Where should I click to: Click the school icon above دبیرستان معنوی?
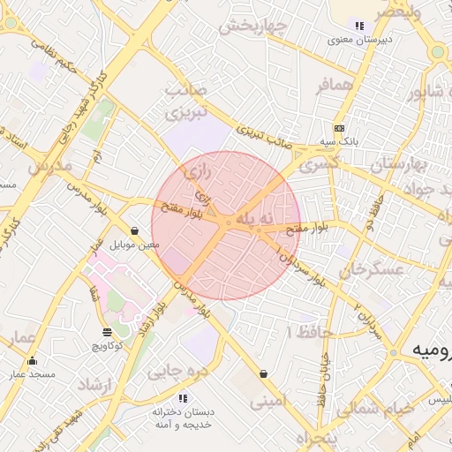[x=358, y=26]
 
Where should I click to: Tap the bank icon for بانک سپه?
[x=339, y=129]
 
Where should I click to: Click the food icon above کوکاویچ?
[x=107, y=333]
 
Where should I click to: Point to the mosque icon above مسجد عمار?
[x=33, y=360]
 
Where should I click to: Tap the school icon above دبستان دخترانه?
[x=184, y=397]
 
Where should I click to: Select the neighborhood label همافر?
[x=335, y=85]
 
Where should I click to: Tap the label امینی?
[x=268, y=403]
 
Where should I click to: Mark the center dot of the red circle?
[x=227, y=225]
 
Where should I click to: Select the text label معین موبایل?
[x=135, y=245]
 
